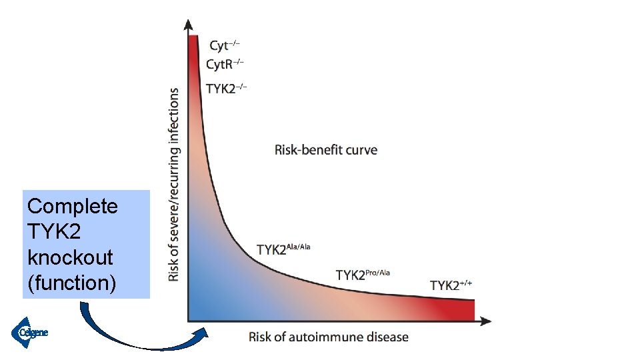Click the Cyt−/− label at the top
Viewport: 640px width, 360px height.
click(224, 46)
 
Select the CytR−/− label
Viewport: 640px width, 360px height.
click(225, 65)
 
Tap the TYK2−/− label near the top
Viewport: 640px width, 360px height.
click(226, 88)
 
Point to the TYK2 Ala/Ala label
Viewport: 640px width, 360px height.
click(283, 249)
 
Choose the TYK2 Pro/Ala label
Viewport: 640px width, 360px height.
click(363, 274)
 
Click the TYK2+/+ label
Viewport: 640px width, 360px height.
click(451, 285)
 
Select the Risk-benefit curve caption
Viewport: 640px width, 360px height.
click(326, 149)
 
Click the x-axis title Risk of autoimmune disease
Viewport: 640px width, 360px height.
click(329, 337)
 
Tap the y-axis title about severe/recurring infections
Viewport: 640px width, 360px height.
click(174, 185)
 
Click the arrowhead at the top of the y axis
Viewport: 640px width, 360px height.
click(189, 25)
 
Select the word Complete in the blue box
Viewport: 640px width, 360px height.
click(72, 207)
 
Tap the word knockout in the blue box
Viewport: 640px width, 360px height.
click(70, 257)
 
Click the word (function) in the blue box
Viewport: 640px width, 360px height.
click(71, 283)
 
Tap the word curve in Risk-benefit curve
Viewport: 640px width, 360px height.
click(361, 149)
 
